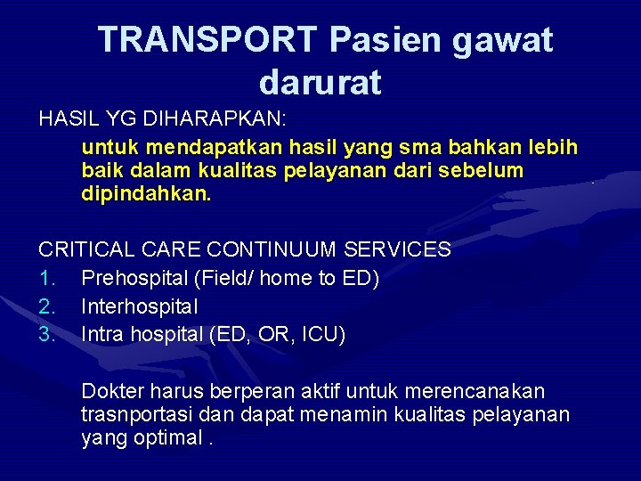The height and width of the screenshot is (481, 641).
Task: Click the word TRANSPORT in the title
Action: pos(207,40)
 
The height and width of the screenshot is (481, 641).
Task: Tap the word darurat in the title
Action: pos(320,82)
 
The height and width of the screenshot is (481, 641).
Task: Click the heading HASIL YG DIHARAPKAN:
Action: pos(162,118)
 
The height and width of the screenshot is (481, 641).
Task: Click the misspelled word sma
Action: pos(398,146)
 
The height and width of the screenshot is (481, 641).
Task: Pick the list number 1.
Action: pos(46,279)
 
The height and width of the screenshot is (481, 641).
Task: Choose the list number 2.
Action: pos(46,306)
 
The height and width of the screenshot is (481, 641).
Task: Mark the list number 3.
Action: pos(46,334)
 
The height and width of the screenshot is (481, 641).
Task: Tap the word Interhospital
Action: pos(139,306)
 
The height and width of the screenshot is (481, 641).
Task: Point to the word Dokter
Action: pos(111,392)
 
